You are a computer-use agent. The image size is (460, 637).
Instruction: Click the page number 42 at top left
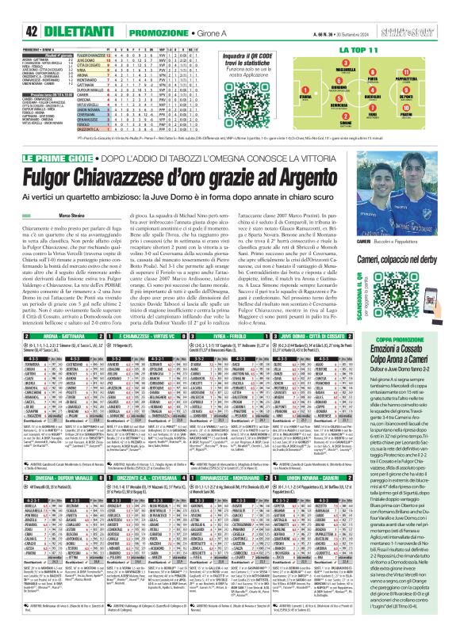coord(14,9)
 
